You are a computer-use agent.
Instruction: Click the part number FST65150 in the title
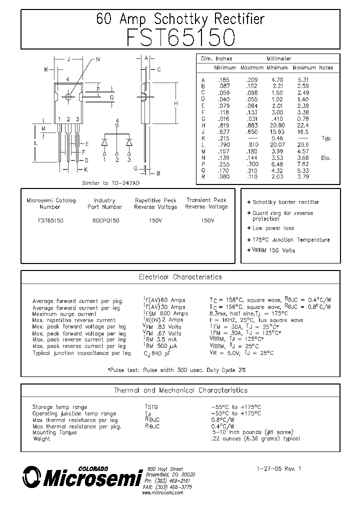coord(179,37)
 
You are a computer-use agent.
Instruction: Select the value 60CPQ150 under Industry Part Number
coord(105,220)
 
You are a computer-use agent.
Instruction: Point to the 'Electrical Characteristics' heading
coord(179,277)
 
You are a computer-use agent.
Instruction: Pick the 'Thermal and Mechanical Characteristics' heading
coord(180,390)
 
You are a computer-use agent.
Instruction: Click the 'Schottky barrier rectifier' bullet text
coord(285,202)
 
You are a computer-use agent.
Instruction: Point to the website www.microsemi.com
coord(162,492)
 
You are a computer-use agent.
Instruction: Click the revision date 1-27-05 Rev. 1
coord(279,469)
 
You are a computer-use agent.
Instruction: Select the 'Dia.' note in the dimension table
coord(326,158)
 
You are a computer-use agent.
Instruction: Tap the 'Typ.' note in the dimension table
coord(326,138)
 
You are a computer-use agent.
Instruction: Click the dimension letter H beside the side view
coord(175,103)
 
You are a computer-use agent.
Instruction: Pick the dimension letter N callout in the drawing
coord(98,59)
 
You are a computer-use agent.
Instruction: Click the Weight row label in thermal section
coord(41,438)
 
